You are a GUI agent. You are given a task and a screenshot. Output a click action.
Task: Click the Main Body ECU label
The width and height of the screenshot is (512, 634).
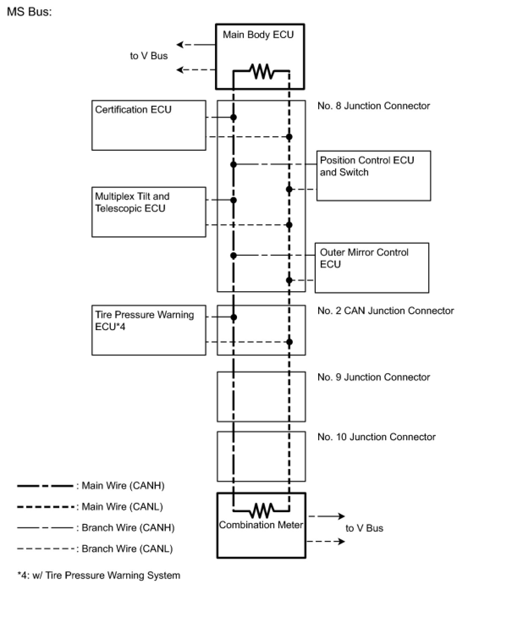coord(258,35)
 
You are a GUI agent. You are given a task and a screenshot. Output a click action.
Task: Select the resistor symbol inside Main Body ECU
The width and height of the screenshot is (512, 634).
coord(262,71)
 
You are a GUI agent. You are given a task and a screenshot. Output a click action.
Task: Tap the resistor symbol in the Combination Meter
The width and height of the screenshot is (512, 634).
coord(262,510)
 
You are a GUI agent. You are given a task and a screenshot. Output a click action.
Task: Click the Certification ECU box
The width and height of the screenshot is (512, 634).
coord(149,125)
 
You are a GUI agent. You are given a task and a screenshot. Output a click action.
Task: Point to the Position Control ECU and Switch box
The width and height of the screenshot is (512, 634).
coord(374,176)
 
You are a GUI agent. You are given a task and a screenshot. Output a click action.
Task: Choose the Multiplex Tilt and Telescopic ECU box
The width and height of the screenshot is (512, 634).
coord(149,212)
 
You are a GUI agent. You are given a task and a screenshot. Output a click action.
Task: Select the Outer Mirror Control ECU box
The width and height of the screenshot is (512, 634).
coord(372,267)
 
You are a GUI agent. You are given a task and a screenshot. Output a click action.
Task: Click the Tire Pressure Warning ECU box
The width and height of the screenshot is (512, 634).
coord(149,330)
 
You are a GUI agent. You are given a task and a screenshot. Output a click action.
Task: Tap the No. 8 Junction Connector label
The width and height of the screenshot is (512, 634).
coord(374,106)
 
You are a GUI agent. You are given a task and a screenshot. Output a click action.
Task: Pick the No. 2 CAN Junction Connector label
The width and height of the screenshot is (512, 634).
coord(385,311)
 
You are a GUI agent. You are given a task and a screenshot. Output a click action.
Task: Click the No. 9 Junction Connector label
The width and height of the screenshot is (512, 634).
coord(374,377)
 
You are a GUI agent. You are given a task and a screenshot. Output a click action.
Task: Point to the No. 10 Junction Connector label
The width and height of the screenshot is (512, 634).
coord(376,437)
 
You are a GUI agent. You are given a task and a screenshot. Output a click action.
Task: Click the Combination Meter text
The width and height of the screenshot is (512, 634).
coord(261,525)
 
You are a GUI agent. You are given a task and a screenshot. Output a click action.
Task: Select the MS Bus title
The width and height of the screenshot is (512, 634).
coord(29,11)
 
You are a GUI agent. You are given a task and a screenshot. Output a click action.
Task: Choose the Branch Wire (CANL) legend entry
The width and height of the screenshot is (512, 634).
coord(127,549)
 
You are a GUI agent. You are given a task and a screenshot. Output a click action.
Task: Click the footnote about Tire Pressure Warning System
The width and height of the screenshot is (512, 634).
coord(99,575)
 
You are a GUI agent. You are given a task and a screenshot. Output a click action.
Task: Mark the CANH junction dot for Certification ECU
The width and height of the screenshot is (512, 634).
coord(233,117)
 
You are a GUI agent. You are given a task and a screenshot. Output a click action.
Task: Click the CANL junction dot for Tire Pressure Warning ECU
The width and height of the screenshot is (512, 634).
coord(289,342)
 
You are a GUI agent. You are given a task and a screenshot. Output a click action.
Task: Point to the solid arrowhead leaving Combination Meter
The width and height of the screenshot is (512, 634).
coord(341,516)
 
